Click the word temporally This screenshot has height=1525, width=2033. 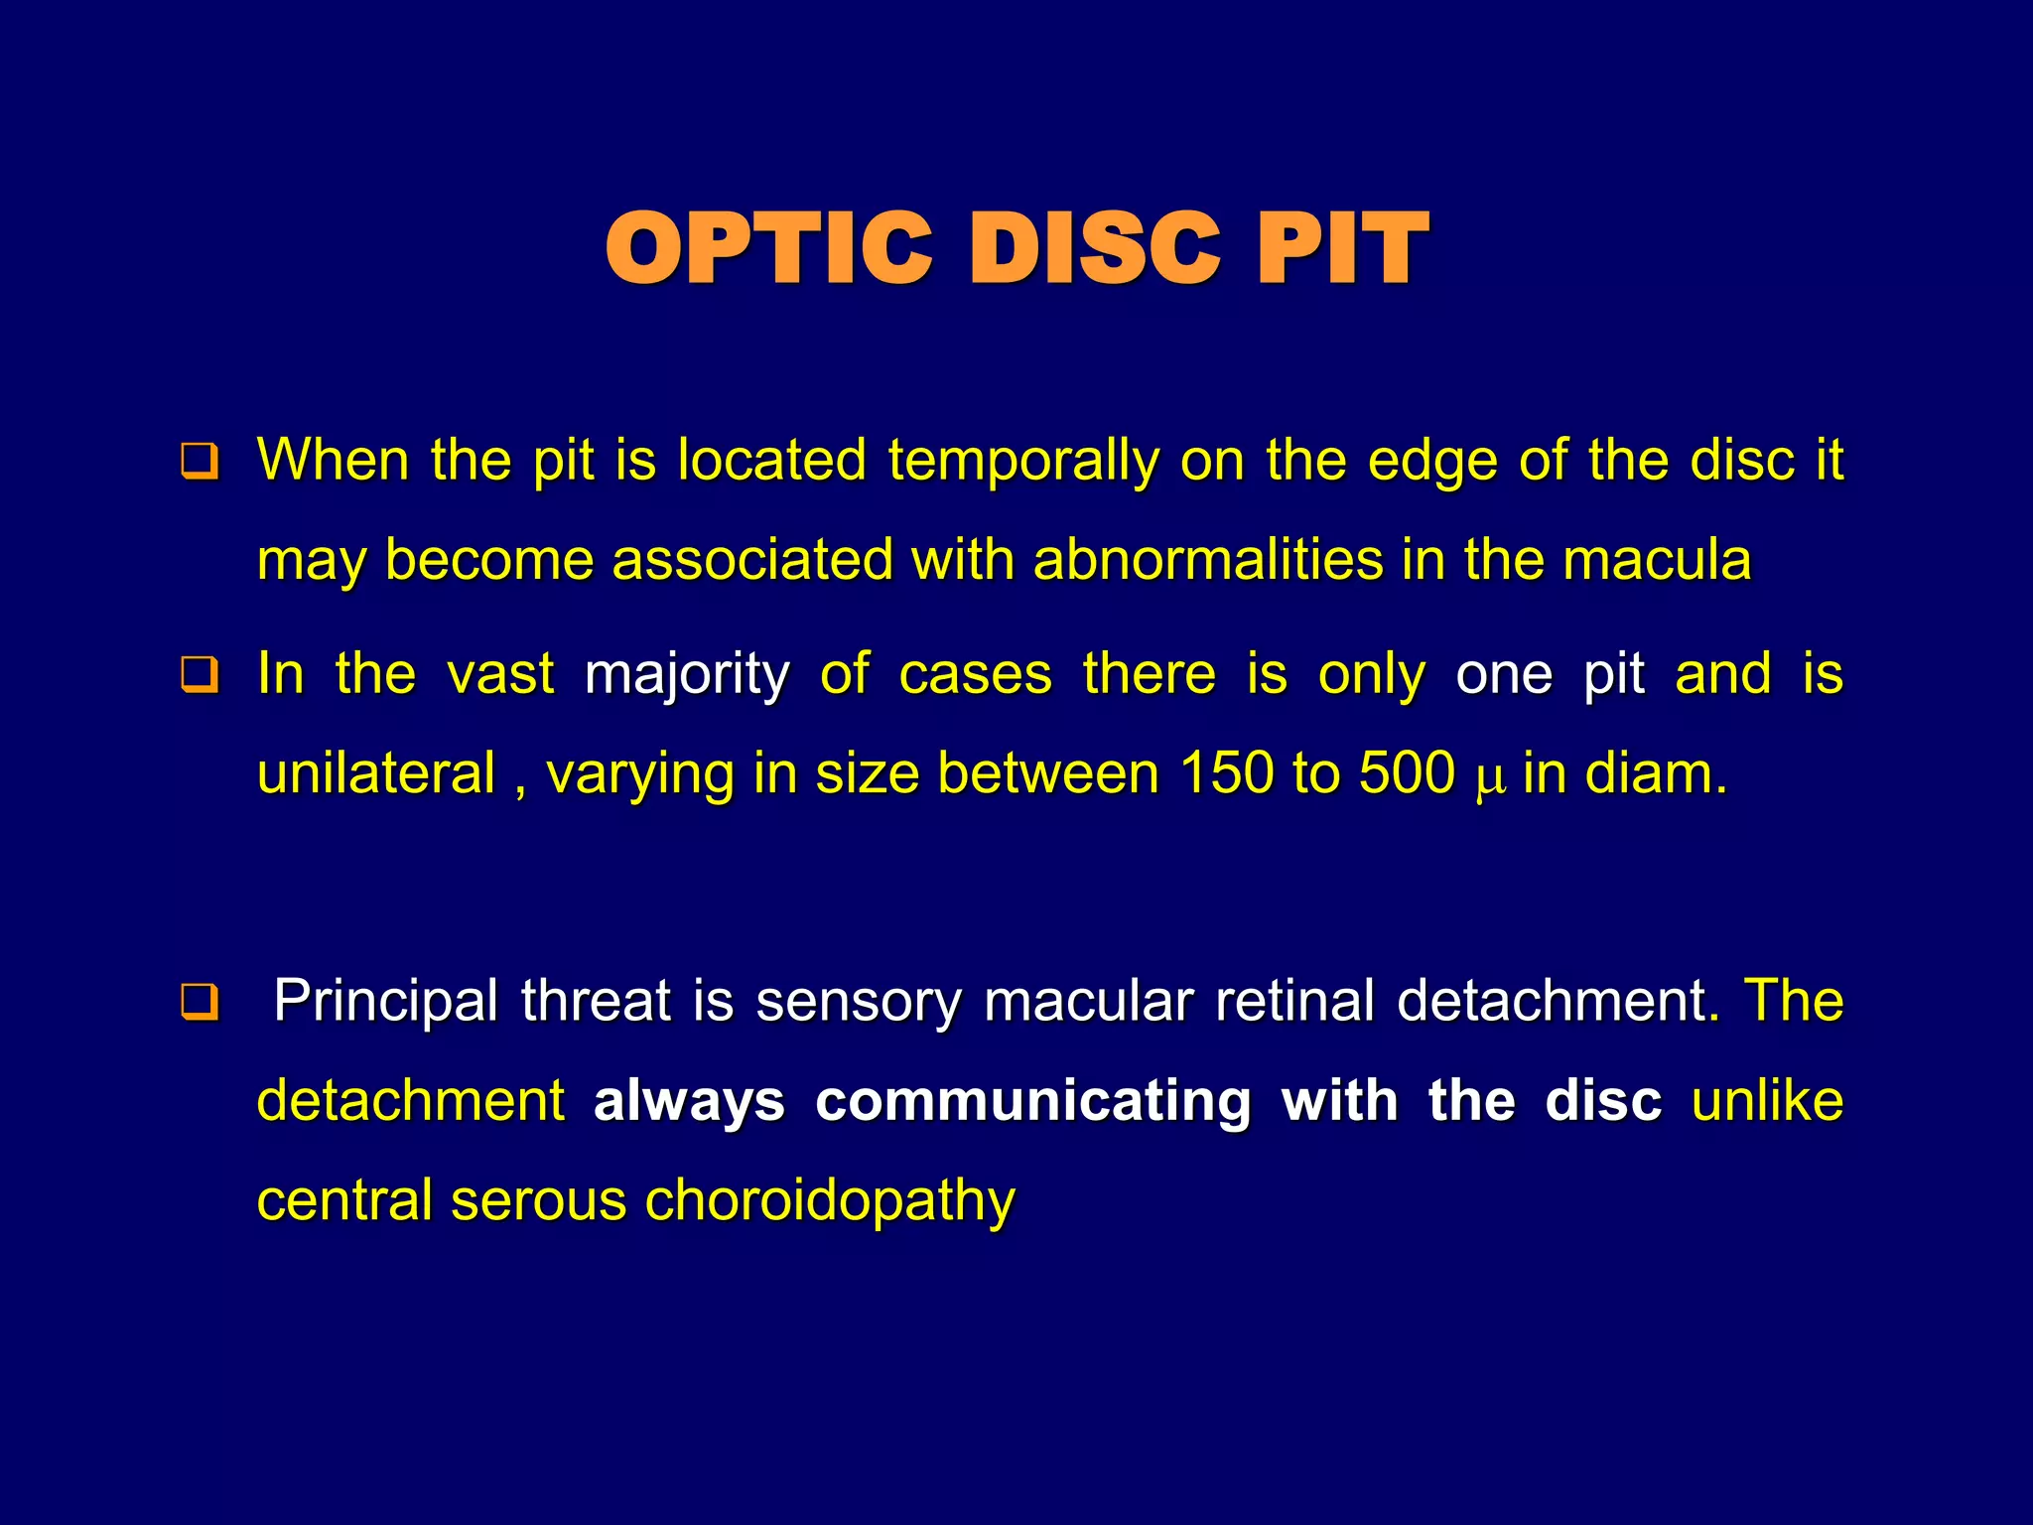(x=1023, y=462)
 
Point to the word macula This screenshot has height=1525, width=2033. (x=1657, y=559)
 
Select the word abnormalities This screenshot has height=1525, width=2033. (x=1208, y=559)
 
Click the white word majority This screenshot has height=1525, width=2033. (x=687, y=675)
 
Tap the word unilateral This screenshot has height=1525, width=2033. (x=376, y=773)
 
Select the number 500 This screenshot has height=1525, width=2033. (x=1407, y=773)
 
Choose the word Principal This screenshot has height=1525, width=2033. (x=386, y=1001)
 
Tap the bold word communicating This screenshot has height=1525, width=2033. (x=1032, y=1101)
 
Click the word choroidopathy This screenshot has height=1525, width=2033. (x=830, y=1201)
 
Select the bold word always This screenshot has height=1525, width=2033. (x=689, y=1101)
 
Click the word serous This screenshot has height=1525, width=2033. (x=538, y=1201)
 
